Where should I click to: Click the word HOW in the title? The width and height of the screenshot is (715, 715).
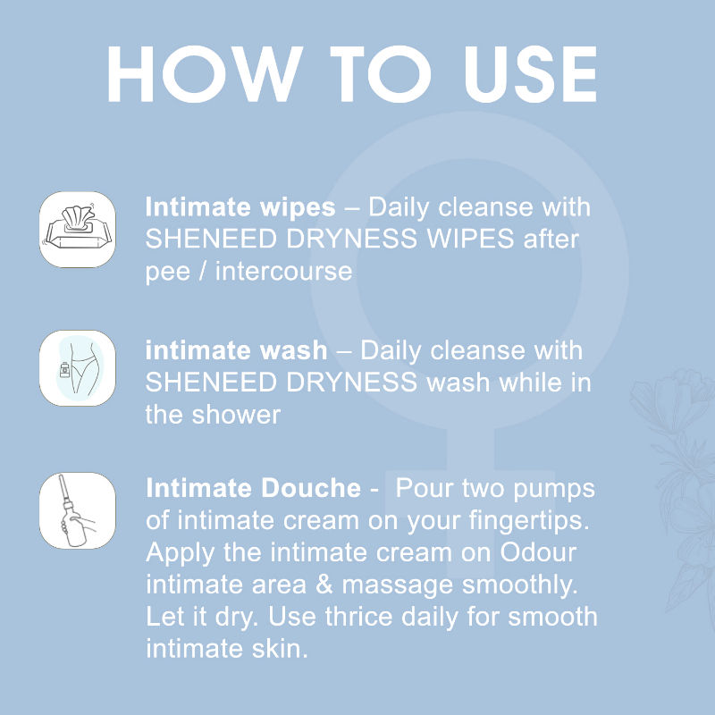click(x=205, y=74)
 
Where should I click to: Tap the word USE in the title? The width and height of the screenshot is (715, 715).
click(x=531, y=74)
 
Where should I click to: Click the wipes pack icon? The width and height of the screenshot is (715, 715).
click(x=77, y=229)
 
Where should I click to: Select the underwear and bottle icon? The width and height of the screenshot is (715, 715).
click(x=77, y=368)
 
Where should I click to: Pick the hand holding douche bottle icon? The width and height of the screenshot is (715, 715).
click(x=77, y=510)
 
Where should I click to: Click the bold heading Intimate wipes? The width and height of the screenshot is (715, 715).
click(x=240, y=207)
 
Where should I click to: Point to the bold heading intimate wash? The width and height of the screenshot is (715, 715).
click(x=236, y=350)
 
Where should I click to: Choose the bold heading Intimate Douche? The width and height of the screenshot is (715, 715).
click(x=254, y=488)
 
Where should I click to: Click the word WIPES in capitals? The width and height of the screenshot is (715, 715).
click(x=471, y=239)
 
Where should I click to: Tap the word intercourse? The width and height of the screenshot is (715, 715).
click(x=283, y=271)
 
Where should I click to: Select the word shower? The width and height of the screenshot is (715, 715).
click(x=236, y=415)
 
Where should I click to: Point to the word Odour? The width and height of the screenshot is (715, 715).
click(x=538, y=552)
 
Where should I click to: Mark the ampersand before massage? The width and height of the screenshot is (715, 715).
click(x=324, y=585)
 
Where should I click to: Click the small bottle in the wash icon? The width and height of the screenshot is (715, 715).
click(x=65, y=370)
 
